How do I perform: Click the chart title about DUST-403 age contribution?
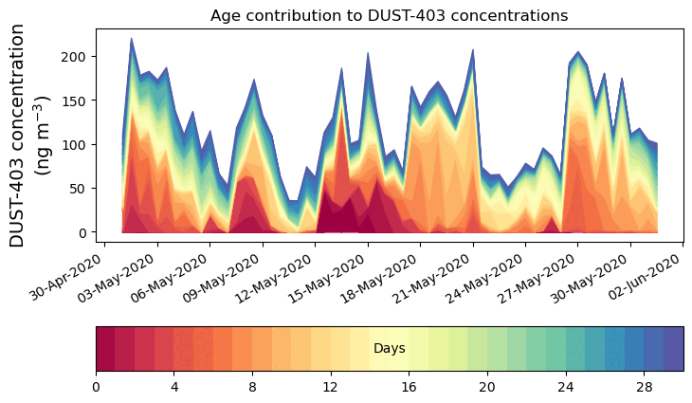point(389,15)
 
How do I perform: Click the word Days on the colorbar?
point(390,349)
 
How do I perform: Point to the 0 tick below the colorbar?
point(96,388)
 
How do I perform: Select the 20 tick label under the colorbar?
point(487,388)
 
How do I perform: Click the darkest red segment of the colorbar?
point(105,348)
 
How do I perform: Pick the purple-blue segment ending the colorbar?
point(674,348)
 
